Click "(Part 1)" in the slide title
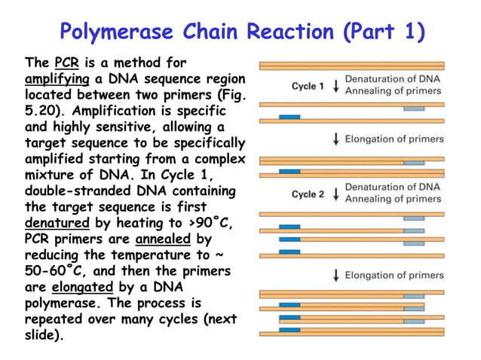tap(384, 32)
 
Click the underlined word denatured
tap(57, 224)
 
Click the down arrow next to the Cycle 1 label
tap(335, 86)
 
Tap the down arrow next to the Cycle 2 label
tap(335, 194)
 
